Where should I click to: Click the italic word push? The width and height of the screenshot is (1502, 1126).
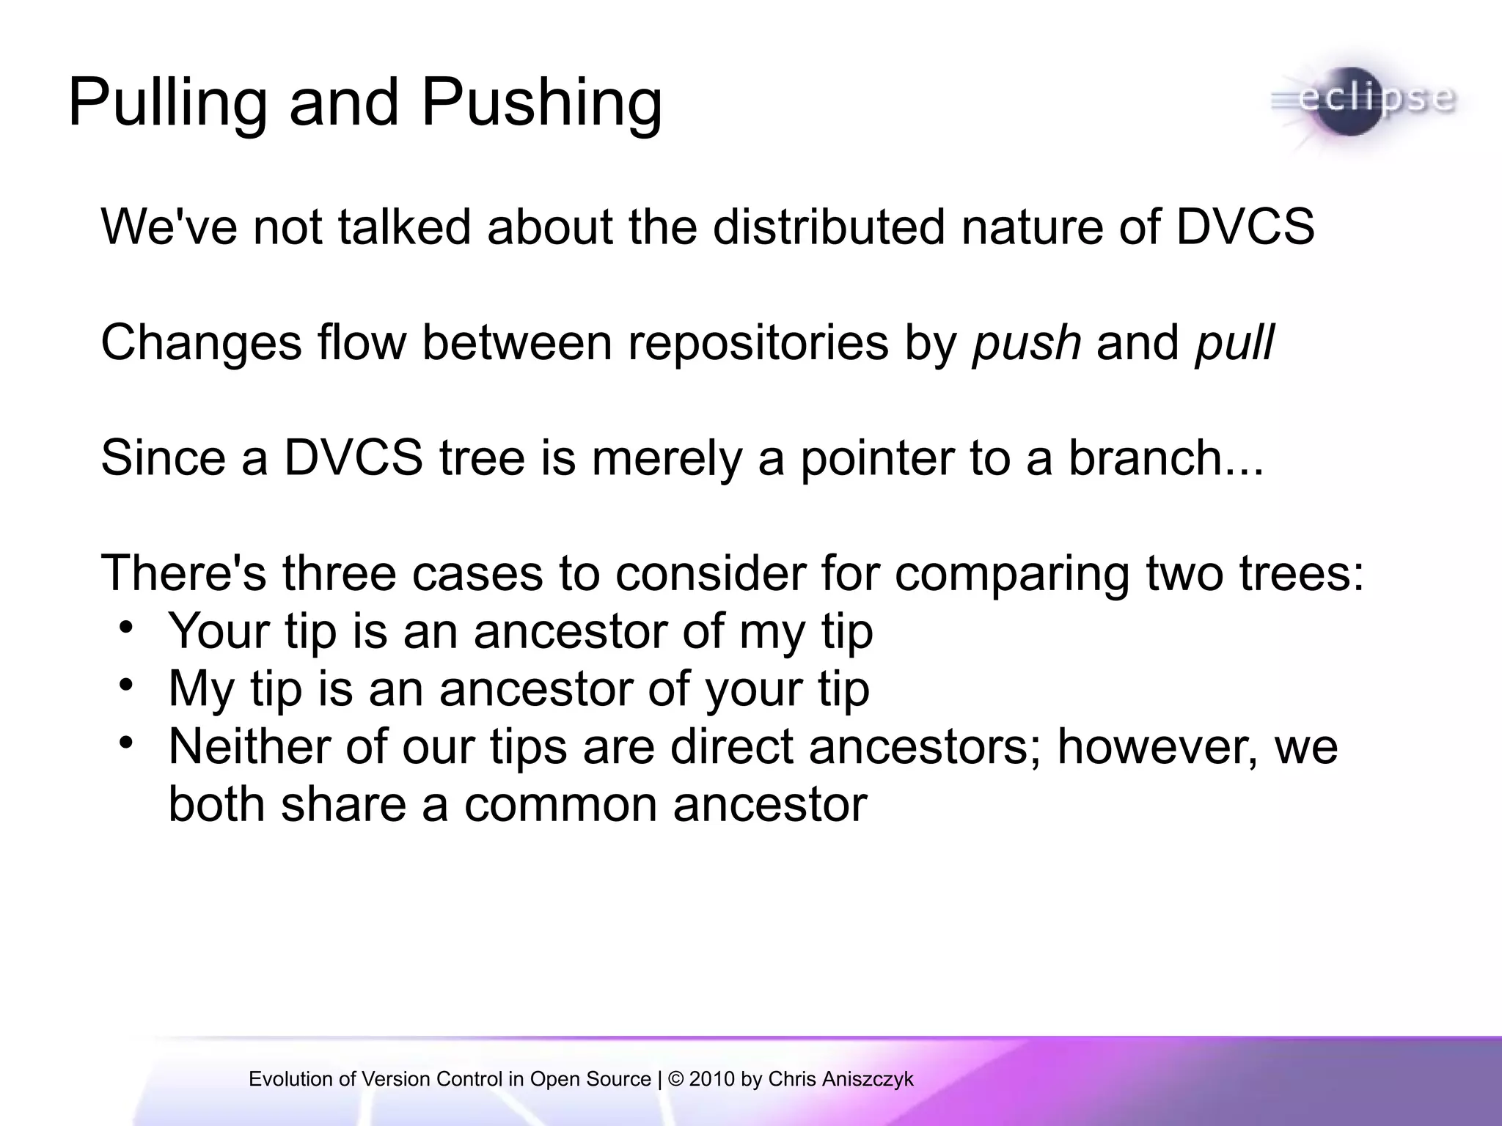coord(1026,342)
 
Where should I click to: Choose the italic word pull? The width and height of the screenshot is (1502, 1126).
coord(1234,342)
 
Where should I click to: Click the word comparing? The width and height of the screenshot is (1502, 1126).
coord(1012,573)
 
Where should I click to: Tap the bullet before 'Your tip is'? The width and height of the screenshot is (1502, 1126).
coord(126,629)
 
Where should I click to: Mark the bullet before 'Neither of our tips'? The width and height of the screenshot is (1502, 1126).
coord(126,743)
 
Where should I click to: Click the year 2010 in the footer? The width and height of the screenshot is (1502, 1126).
coord(711,1079)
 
